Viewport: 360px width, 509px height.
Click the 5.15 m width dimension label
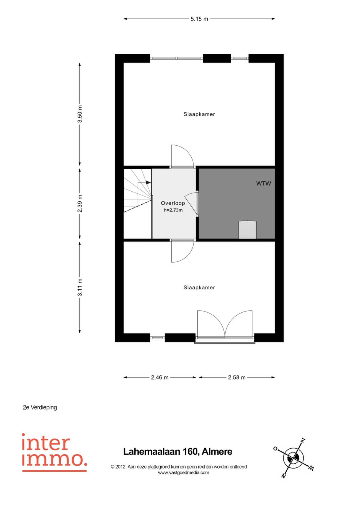(199, 19)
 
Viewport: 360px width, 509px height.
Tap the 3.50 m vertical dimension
(80, 114)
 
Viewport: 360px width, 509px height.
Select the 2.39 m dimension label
(80, 204)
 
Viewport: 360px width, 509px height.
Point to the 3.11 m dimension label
(80, 287)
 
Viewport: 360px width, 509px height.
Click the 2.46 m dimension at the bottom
(160, 377)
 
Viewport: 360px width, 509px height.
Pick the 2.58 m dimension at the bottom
(237, 377)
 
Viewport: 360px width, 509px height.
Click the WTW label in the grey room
(263, 183)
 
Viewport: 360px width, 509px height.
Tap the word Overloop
(173, 203)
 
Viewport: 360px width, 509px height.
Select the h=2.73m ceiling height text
(173, 210)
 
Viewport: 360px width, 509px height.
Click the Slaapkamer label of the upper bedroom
(199, 114)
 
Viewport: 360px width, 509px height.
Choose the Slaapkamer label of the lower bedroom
(199, 287)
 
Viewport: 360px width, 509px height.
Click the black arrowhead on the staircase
(148, 182)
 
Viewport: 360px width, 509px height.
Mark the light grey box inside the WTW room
(248, 230)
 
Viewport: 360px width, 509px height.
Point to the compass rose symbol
(294, 458)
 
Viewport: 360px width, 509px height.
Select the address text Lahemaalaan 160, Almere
(178, 452)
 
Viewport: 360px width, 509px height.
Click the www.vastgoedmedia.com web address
(184, 473)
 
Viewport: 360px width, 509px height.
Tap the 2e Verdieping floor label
(40, 407)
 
